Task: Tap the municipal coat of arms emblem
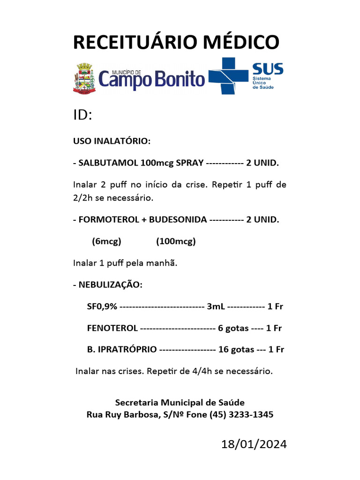[x=84, y=78]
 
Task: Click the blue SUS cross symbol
[x=228, y=75]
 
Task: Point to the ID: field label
[x=82, y=115]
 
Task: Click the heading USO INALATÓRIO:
[x=112, y=141]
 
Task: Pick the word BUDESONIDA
[x=178, y=219]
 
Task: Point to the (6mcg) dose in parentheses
[x=107, y=241]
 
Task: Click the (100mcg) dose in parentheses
[x=176, y=241]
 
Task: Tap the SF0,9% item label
[x=102, y=307]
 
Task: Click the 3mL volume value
[x=216, y=307]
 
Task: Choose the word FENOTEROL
[x=112, y=328]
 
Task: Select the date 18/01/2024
[x=254, y=444]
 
